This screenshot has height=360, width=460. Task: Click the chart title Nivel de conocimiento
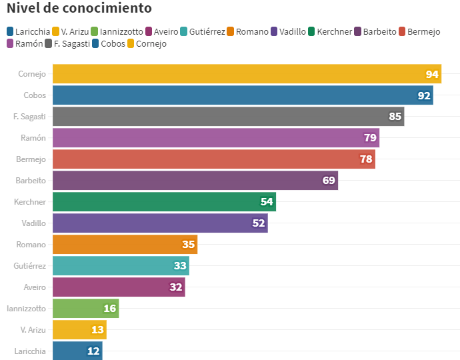[79, 9]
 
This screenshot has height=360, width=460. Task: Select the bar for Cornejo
[247, 74]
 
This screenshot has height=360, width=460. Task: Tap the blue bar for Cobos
[243, 95]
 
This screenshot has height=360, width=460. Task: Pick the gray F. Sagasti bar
[228, 117]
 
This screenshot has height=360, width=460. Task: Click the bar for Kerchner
[164, 202]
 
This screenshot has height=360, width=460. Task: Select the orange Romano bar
[125, 245]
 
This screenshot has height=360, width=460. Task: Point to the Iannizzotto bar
[85, 309]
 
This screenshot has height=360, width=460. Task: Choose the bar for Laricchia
[77, 351]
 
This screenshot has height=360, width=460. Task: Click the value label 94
[432, 74]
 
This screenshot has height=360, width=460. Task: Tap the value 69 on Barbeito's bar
[329, 181]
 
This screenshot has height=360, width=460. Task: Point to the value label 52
[259, 223]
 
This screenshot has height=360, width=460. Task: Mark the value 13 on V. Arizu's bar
[97, 330]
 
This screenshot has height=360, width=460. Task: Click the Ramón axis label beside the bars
[33, 138]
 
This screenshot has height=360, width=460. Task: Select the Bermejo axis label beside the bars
[31, 159]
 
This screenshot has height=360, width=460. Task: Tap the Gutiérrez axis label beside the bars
[29, 266]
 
